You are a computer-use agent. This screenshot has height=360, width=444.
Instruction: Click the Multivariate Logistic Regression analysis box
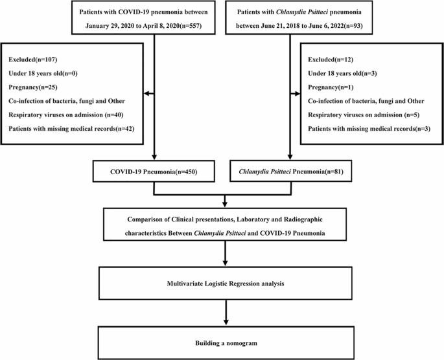(x=224, y=284)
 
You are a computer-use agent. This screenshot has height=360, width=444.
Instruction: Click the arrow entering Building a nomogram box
(x=224, y=322)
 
